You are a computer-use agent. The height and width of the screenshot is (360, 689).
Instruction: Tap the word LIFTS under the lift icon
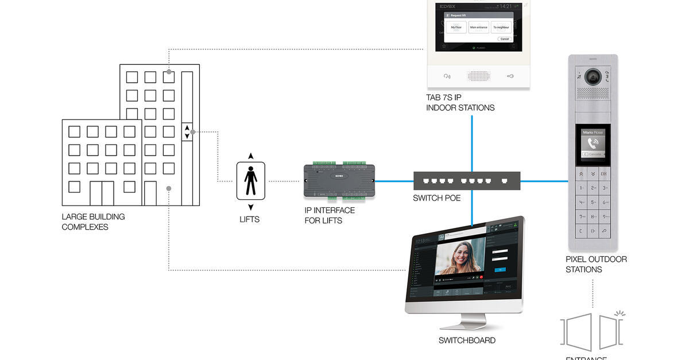(x=249, y=219)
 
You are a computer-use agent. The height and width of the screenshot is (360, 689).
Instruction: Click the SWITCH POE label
(x=436, y=198)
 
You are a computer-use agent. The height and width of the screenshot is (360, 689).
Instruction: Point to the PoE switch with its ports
(x=466, y=180)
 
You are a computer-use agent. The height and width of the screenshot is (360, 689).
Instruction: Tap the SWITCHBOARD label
(x=467, y=340)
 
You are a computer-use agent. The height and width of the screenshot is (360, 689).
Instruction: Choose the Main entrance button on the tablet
(x=478, y=27)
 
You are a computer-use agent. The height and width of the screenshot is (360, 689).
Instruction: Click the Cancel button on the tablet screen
(x=504, y=39)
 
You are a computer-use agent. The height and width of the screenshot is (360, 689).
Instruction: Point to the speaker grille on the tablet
(x=478, y=76)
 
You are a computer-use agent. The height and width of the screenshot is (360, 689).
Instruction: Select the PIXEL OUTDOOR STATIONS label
(x=596, y=264)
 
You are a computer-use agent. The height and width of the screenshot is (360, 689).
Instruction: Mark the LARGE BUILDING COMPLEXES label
(x=93, y=222)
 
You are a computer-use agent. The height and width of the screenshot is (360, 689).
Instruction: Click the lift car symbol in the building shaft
(x=187, y=131)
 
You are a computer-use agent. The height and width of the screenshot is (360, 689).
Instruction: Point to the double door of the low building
(x=101, y=193)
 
